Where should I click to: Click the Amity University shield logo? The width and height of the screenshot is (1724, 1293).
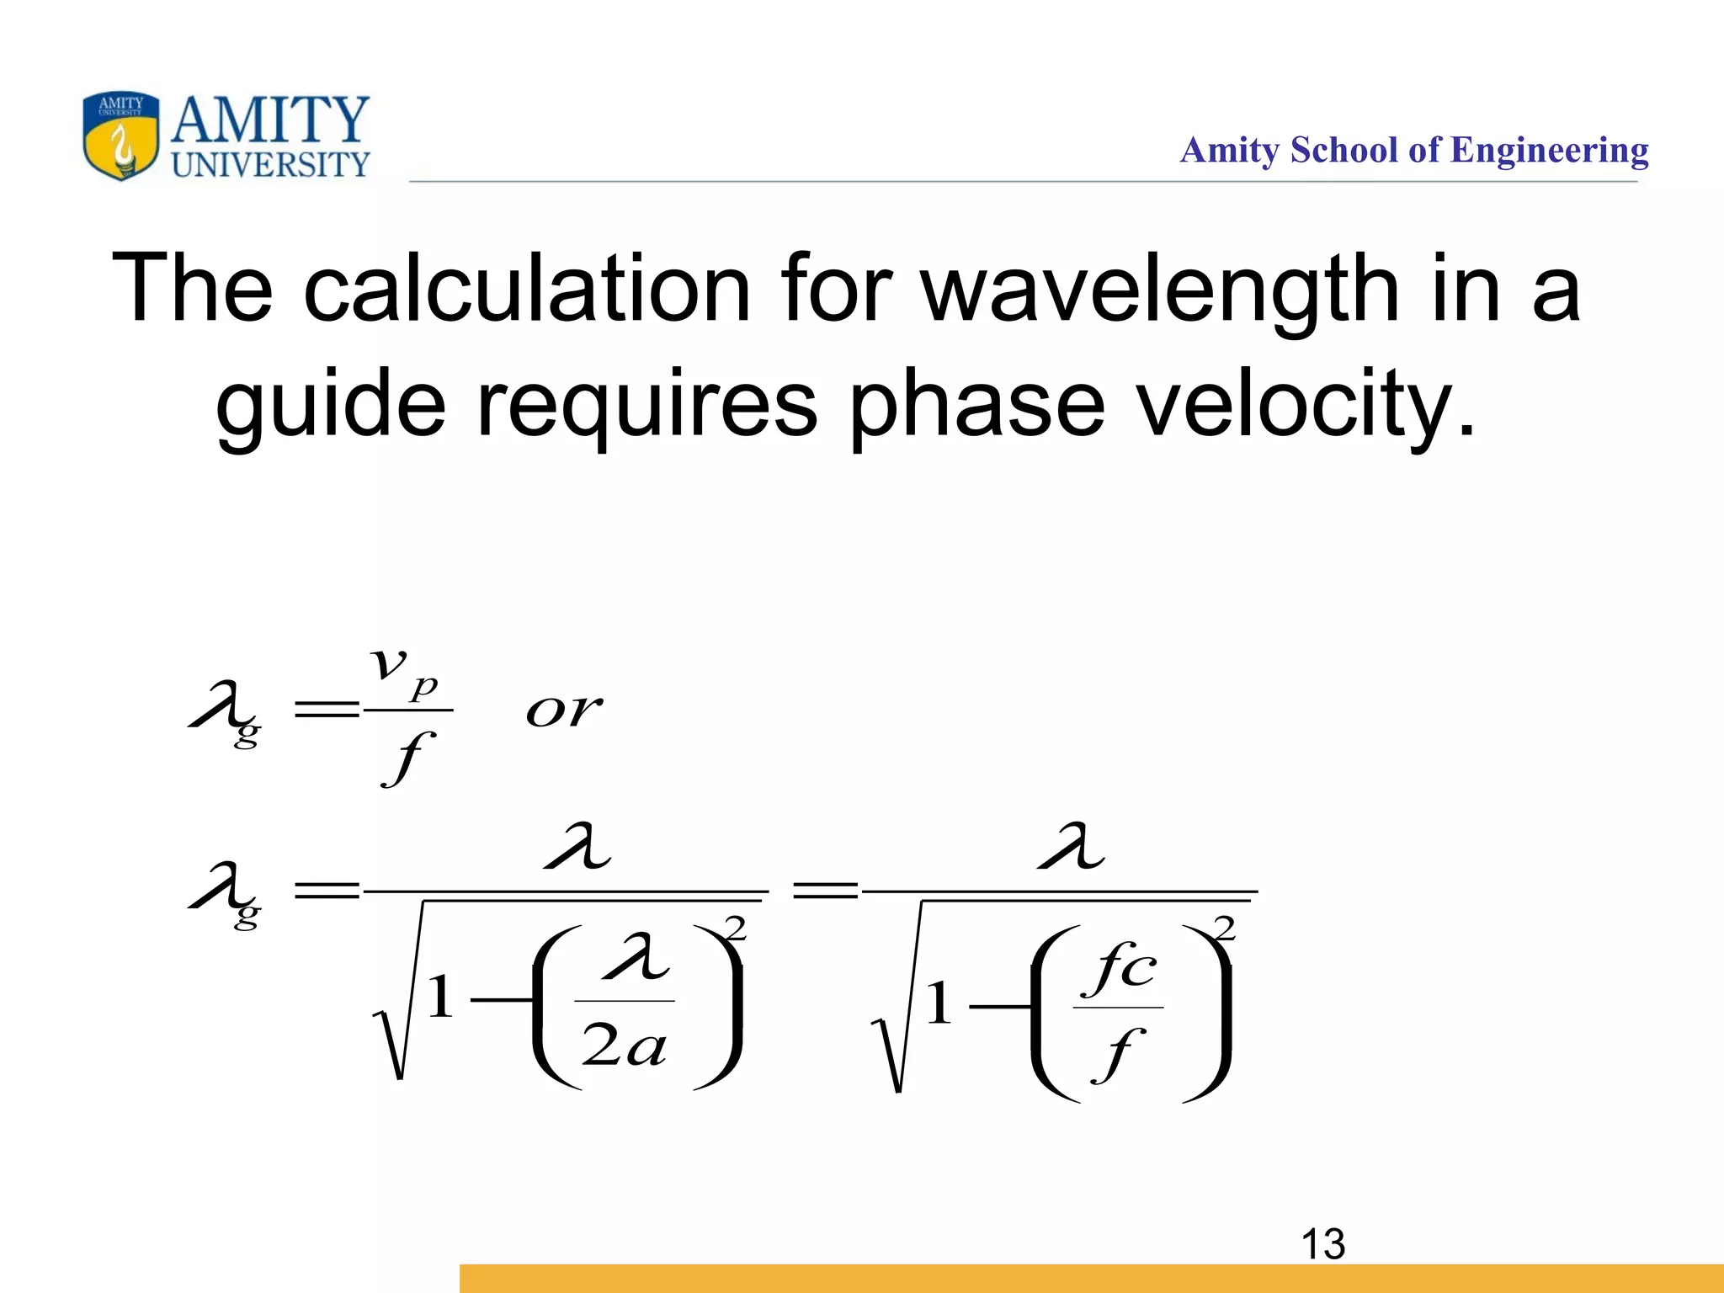pyautogui.click(x=120, y=136)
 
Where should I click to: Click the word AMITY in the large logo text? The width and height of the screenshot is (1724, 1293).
pyautogui.click(x=270, y=120)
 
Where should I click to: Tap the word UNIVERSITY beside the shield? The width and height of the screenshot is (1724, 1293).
pyautogui.click(x=270, y=165)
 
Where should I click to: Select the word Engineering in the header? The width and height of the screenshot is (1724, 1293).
pyautogui.click(x=1549, y=152)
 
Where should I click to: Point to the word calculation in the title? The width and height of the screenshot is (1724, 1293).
pyautogui.click(x=526, y=289)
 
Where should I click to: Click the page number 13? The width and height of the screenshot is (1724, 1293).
pyautogui.click(x=1322, y=1244)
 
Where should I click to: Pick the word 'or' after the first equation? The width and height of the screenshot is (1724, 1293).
pyautogui.click(x=563, y=711)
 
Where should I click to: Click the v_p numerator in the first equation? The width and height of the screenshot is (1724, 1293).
pyautogui.click(x=404, y=669)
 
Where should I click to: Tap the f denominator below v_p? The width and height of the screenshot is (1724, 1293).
pyautogui.click(x=408, y=758)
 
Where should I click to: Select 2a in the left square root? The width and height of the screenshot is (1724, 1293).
pyautogui.click(x=624, y=1048)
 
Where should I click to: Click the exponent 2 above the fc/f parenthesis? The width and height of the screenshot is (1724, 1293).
pyautogui.click(x=1225, y=928)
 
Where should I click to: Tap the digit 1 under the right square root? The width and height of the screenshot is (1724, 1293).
pyautogui.click(x=939, y=1003)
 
